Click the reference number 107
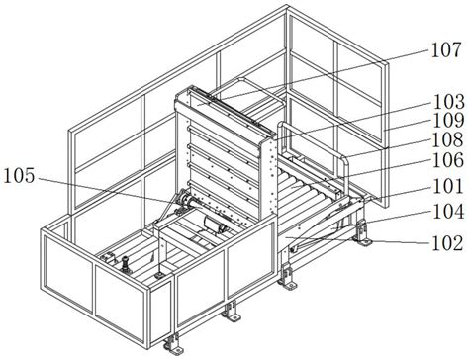click(x=446, y=50)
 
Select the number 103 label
click(x=448, y=102)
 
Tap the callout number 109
click(x=448, y=121)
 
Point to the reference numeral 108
click(x=448, y=139)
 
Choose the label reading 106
click(x=448, y=160)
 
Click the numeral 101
click(x=448, y=186)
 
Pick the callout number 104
click(x=448, y=212)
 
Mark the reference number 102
click(x=448, y=243)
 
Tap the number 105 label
click(x=19, y=176)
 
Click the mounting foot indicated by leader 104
click(x=362, y=233)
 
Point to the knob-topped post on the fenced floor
click(x=126, y=265)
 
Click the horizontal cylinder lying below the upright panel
click(x=215, y=224)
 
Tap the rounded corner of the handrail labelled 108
click(x=344, y=160)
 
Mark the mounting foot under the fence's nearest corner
click(x=172, y=344)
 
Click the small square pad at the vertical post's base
click(x=160, y=274)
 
